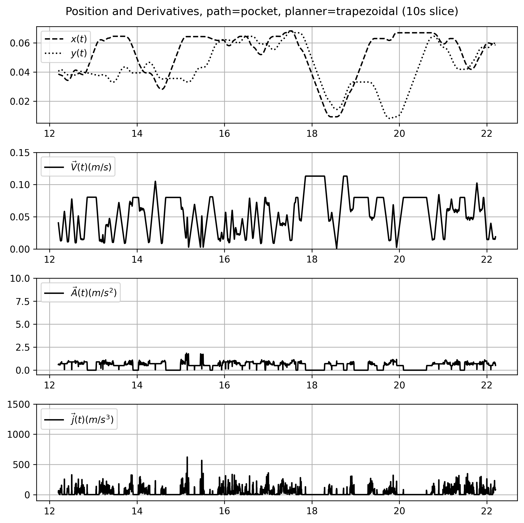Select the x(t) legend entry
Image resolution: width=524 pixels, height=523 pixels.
(79, 39)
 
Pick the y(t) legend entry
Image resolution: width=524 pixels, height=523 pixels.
(79, 54)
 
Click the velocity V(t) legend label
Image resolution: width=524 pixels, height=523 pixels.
(91, 167)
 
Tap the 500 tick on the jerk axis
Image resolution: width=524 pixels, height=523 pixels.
(23, 465)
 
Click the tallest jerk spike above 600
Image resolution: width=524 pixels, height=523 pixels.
(187, 457)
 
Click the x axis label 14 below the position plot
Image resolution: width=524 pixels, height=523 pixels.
(137, 134)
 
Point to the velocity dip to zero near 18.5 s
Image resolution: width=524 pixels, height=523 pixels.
(337, 248)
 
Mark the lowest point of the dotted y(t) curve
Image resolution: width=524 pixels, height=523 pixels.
(390, 118)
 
